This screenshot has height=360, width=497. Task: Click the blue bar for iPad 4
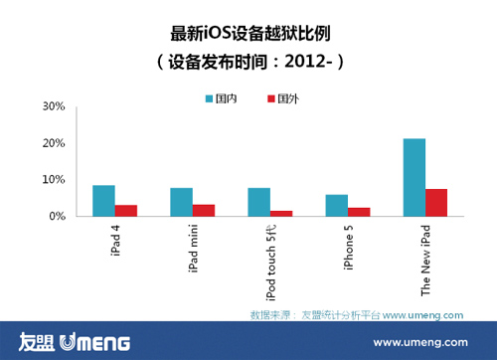pos(103,201)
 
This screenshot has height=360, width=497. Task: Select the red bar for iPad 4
pos(126,211)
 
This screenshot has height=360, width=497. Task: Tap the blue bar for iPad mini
pos(181,202)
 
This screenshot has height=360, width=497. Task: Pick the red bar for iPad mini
pos(204,211)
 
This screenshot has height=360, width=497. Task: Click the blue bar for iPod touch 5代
pos(258,202)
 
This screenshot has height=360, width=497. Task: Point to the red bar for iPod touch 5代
pos(281,213)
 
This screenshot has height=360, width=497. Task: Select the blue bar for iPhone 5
pos(337,205)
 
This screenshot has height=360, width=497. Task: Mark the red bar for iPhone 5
pos(359,212)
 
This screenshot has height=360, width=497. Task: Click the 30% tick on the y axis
pos(54,106)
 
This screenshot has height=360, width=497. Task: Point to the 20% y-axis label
pos(54,143)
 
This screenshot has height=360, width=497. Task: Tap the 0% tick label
pos(57,216)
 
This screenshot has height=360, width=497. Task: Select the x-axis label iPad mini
pos(193,248)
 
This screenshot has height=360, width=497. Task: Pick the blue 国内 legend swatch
pos(210,99)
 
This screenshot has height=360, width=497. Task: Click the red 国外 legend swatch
pos(271,99)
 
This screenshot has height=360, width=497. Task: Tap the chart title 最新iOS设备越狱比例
pos(248,32)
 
